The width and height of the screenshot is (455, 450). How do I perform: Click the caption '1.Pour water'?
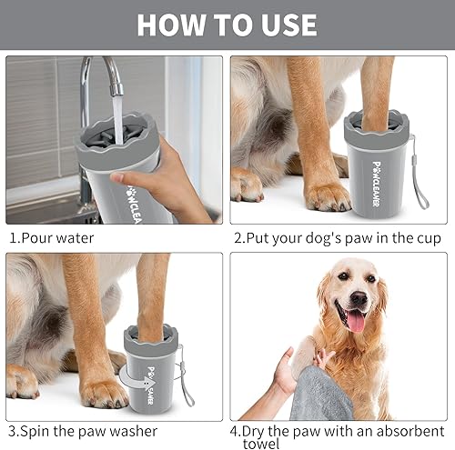coord(52,238)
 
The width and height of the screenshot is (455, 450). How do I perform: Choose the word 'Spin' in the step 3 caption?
coord(39,430)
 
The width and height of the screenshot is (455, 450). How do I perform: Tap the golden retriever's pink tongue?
coord(356,321)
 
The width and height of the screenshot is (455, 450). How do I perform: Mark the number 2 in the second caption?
coord(238,238)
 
